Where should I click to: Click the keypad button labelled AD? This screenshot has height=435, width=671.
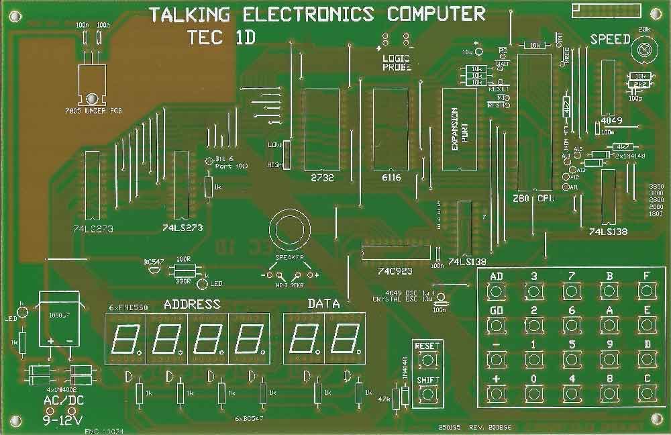click(x=497, y=290)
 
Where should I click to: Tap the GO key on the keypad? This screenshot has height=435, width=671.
click(x=497, y=325)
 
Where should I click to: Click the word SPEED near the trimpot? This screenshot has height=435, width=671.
click(x=610, y=39)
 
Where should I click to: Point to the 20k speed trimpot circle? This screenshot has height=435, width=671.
click(x=645, y=48)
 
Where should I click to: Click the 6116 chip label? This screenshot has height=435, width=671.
click(x=390, y=179)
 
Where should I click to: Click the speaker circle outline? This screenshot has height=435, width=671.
click(x=287, y=231)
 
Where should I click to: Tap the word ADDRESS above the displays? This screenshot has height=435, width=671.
click(x=192, y=303)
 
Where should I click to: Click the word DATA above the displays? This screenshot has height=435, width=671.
click(x=323, y=303)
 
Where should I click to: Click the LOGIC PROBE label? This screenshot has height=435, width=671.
click(x=397, y=62)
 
